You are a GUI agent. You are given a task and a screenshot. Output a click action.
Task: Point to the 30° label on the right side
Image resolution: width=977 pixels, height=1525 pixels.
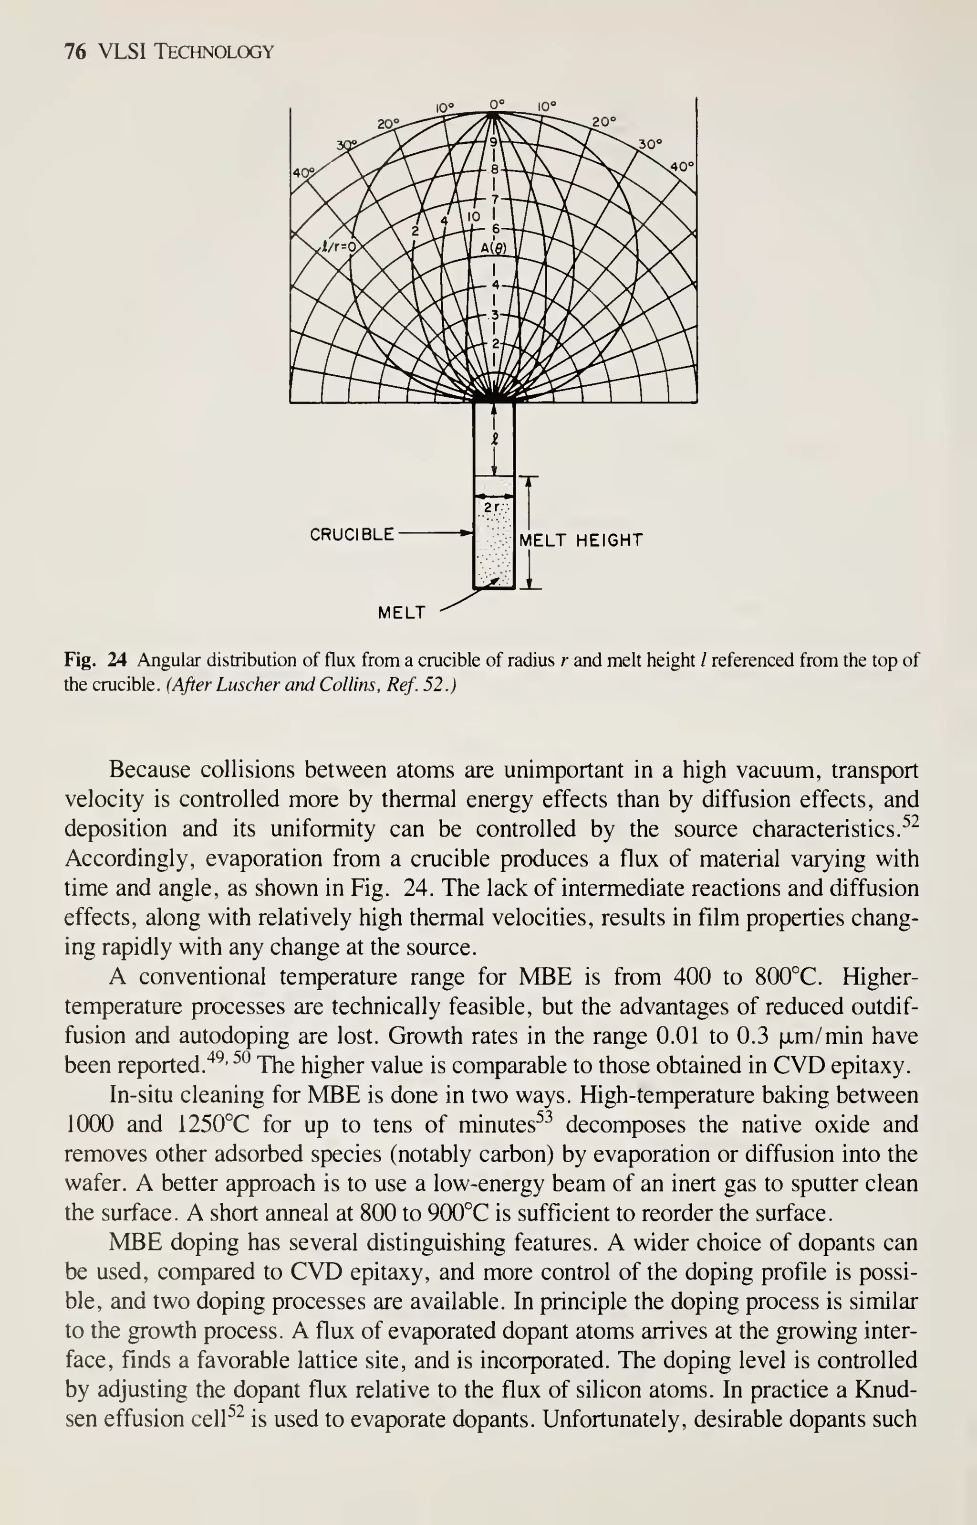(x=650, y=144)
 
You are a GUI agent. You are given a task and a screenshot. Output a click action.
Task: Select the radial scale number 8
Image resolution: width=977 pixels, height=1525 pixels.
(x=494, y=170)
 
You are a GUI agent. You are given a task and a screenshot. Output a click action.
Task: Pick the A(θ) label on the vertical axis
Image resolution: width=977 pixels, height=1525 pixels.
(x=493, y=249)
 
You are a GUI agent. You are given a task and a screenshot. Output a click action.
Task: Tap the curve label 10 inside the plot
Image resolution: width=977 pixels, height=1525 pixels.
(x=474, y=216)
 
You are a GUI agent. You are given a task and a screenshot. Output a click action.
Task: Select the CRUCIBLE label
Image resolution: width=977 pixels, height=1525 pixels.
(x=352, y=535)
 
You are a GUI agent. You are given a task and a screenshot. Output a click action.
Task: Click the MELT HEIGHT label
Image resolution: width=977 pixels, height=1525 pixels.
(x=581, y=540)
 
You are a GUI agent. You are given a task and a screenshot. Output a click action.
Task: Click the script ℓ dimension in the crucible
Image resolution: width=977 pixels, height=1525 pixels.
(x=494, y=439)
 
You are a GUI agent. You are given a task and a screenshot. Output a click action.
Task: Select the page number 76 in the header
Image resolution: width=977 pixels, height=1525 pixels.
(x=75, y=52)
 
